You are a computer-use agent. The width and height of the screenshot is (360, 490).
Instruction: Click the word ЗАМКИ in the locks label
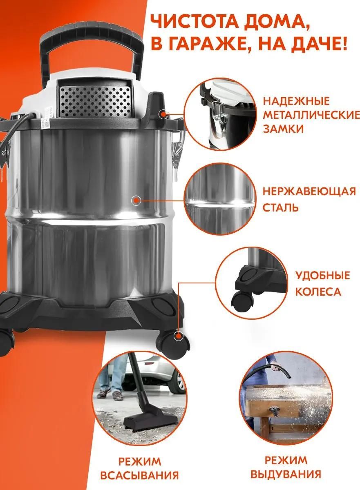[283, 129]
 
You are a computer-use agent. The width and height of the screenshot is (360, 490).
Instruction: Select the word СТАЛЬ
[280, 207]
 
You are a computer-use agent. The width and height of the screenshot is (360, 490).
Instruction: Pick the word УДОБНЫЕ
[322, 275]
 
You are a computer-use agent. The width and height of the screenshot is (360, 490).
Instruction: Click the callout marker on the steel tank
[136, 200]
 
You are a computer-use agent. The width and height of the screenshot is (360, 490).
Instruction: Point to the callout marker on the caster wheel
[178, 336]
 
